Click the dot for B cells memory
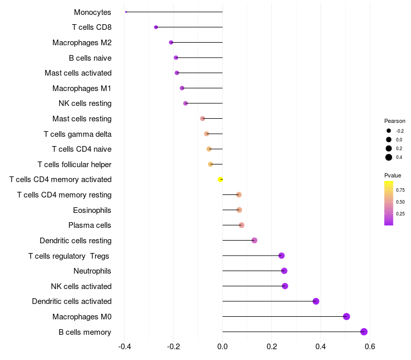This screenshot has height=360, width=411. pyautogui.click(x=364, y=332)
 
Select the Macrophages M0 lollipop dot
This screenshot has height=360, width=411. pyautogui.click(x=346, y=316)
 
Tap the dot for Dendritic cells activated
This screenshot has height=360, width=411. pyautogui.click(x=316, y=301)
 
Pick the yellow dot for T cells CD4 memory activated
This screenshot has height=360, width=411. pyautogui.click(x=220, y=179)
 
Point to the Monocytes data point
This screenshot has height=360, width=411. pyautogui.click(x=126, y=12)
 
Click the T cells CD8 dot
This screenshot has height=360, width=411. pyautogui.click(x=156, y=27)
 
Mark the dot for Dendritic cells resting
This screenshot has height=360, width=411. pyautogui.click(x=254, y=240)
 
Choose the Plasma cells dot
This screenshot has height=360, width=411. pyautogui.click(x=241, y=225)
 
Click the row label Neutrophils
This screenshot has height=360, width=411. pyautogui.click(x=92, y=271)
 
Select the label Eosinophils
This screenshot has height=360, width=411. pyautogui.click(x=92, y=210)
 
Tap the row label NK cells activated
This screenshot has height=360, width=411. pyautogui.click(x=81, y=286)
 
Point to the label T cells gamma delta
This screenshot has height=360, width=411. pyautogui.click(x=78, y=134)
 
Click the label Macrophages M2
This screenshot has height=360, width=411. pyautogui.click(x=82, y=43)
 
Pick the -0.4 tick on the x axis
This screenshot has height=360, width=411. pyautogui.click(x=124, y=347)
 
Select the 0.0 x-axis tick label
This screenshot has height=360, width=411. pyautogui.click(x=222, y=347)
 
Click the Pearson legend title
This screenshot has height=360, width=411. pyautogui.click(x=395, y=121)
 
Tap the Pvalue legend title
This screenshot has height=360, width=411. pyautogui.click(x=393, y=175)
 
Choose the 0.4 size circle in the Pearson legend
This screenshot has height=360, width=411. pyautogui.click(x=389, y=157)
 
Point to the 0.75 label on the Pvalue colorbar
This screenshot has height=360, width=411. pyautogui.click(x=401, y=190)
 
